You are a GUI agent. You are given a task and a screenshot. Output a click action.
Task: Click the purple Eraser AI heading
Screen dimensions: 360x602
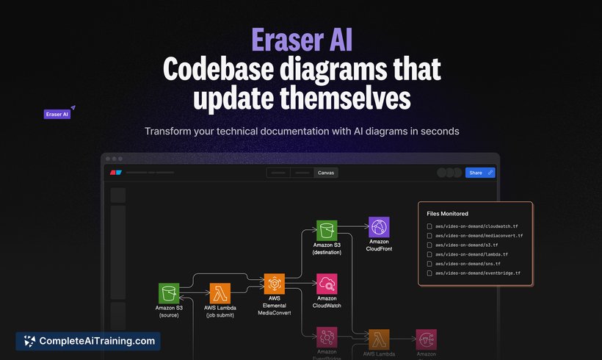pos(300,39)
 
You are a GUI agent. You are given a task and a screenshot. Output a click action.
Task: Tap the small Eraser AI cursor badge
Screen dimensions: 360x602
pos(57,115)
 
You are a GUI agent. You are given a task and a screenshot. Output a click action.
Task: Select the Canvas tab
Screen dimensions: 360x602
pos(326,173)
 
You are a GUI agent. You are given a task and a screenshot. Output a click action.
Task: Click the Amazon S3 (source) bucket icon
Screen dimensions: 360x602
pos(169,293)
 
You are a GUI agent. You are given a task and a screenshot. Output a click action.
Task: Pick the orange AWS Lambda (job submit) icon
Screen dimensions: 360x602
pos(220,293)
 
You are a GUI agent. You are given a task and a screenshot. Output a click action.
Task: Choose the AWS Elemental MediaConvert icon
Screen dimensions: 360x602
pos(275,284)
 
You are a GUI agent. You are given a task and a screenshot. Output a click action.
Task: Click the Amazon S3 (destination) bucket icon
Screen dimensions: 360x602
pos(327,230)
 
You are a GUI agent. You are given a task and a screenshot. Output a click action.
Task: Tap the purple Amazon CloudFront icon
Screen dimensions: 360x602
pos(380,227)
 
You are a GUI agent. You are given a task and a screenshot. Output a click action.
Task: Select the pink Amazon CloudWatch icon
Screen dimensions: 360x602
pos(327,284)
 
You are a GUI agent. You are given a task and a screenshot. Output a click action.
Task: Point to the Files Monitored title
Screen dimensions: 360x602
pos(448,214)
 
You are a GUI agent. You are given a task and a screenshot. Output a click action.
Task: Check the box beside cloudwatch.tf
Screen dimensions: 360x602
pos(429,226)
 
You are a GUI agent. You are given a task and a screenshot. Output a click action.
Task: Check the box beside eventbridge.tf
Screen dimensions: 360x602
pos(429,273)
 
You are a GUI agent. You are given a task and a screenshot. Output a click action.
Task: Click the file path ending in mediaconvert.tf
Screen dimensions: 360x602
pos(479,236)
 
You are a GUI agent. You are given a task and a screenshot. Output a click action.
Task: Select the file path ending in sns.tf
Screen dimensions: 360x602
pos(468,264)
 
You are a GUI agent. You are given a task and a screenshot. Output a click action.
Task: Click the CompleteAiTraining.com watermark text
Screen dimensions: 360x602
pos(97,341)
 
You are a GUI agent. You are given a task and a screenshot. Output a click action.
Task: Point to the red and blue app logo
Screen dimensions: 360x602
pos(115,173)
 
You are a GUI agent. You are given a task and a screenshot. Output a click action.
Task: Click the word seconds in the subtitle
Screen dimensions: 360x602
pos(438,132)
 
